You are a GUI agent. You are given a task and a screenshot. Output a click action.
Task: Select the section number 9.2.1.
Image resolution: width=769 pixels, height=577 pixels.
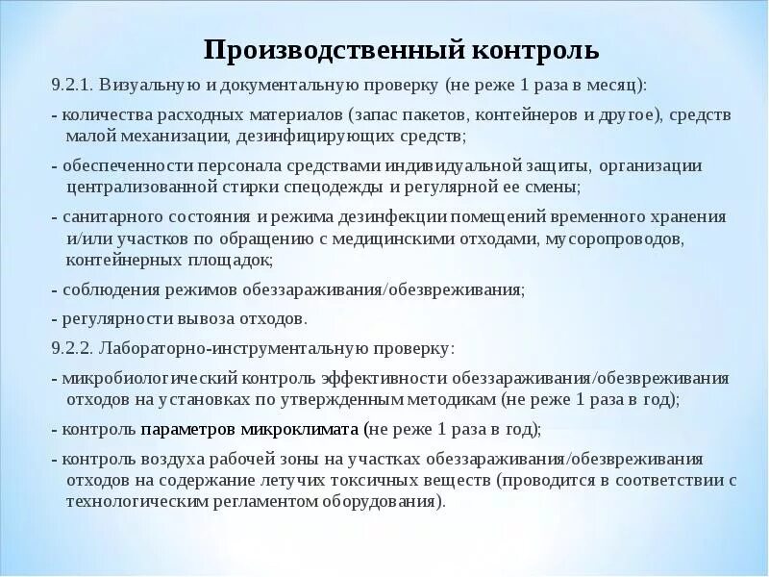tap(71, 85)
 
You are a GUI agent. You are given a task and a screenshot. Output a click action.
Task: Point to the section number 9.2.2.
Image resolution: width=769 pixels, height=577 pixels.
tap(71, 347)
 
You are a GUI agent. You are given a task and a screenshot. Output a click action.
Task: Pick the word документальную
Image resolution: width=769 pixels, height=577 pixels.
tap(284, 85)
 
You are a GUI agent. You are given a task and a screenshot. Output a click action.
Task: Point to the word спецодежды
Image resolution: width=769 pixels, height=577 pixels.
tap(351, 186)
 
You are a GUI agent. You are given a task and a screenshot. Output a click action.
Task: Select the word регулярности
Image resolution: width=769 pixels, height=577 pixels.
tap(107, 317)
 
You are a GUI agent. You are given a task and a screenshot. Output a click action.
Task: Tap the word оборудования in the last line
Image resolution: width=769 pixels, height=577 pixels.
tap(383, 500)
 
